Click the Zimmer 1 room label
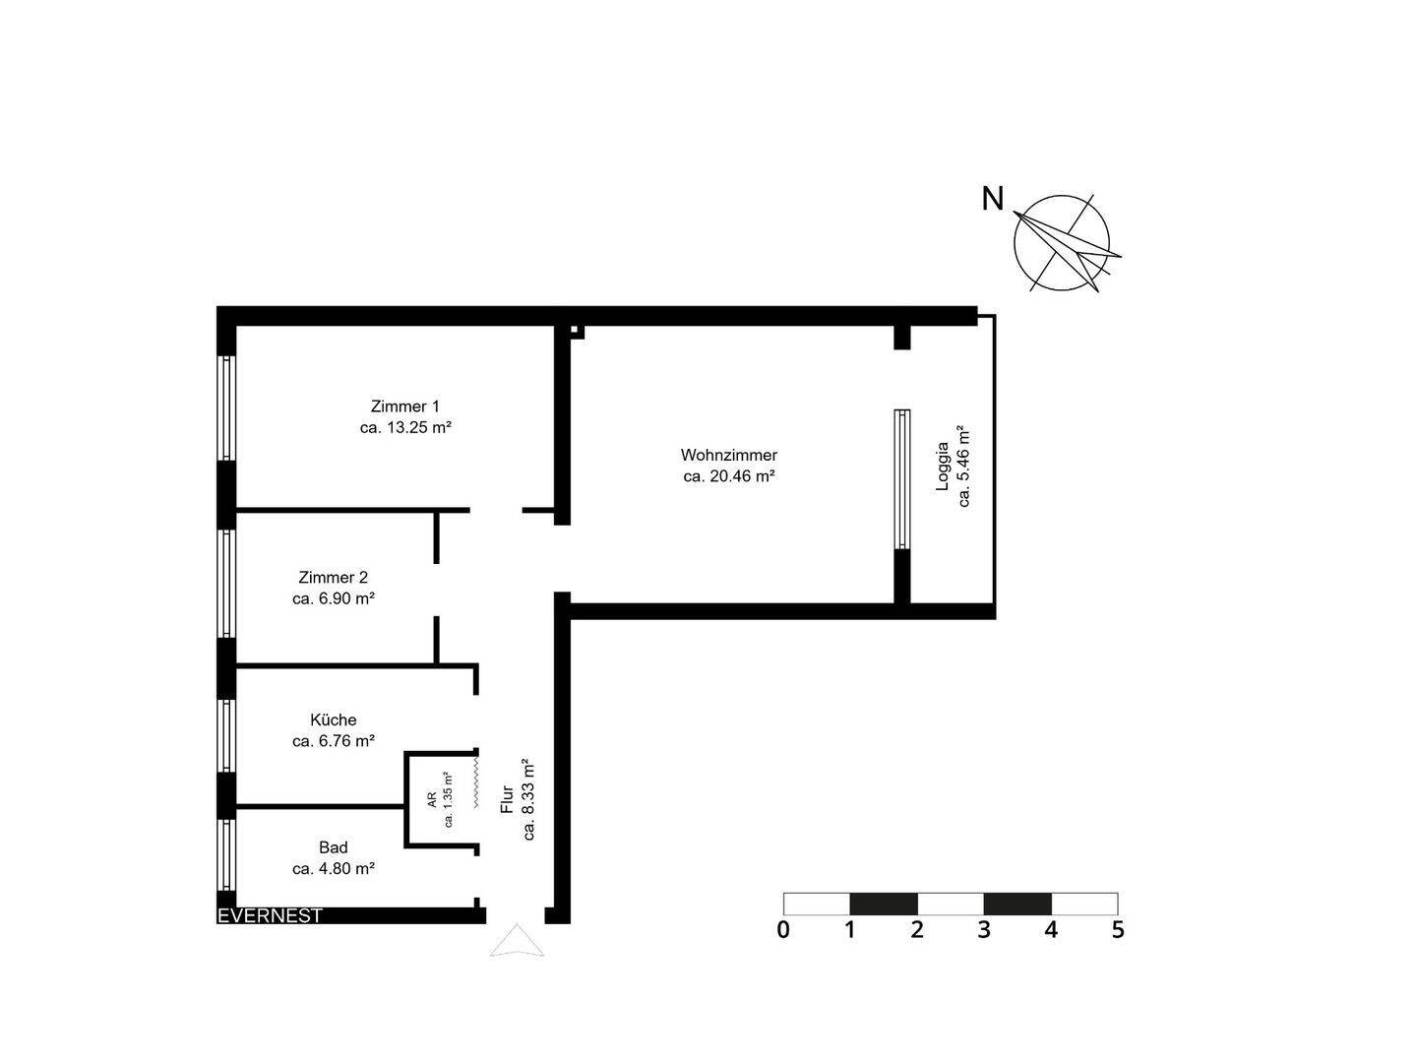(x=404, y=406)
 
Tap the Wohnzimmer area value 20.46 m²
(x=729, y=476)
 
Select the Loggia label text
(x=943, y=466)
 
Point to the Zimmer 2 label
(x=333, y=578)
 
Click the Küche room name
(x=333, y=719)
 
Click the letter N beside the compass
(x=993, y=199)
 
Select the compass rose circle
(x=1063, y=242)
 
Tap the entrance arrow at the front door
(x=517, y=942)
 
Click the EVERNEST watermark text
(x=270, y=915)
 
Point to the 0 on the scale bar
(x=783, y=929)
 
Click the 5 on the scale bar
(x=1118, y=929)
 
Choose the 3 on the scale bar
(x=984, y=929)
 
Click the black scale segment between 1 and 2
(x=884, y=904)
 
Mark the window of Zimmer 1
(x=227, y=407)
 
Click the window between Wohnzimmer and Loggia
(x=902, y=478)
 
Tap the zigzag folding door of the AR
(x=476, y=781)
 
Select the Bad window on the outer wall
(x=227, y=854)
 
